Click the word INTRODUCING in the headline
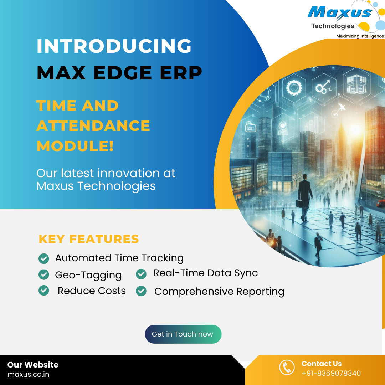[114, 46]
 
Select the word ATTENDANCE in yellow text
[93, 126]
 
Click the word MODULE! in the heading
[75, 146]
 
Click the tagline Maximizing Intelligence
[360, 36]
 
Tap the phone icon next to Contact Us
[287, 368]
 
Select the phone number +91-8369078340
[331, 373]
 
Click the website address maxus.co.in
[28, 374]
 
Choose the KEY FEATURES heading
[89, 239]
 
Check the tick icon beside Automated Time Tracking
[43, 258]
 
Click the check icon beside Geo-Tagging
[43, 274]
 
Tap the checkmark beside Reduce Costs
[43, 291]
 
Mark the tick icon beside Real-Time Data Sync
[141, 274]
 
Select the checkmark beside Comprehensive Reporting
[141, 291]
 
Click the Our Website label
[33, 365]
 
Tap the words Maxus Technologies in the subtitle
[96, 186]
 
